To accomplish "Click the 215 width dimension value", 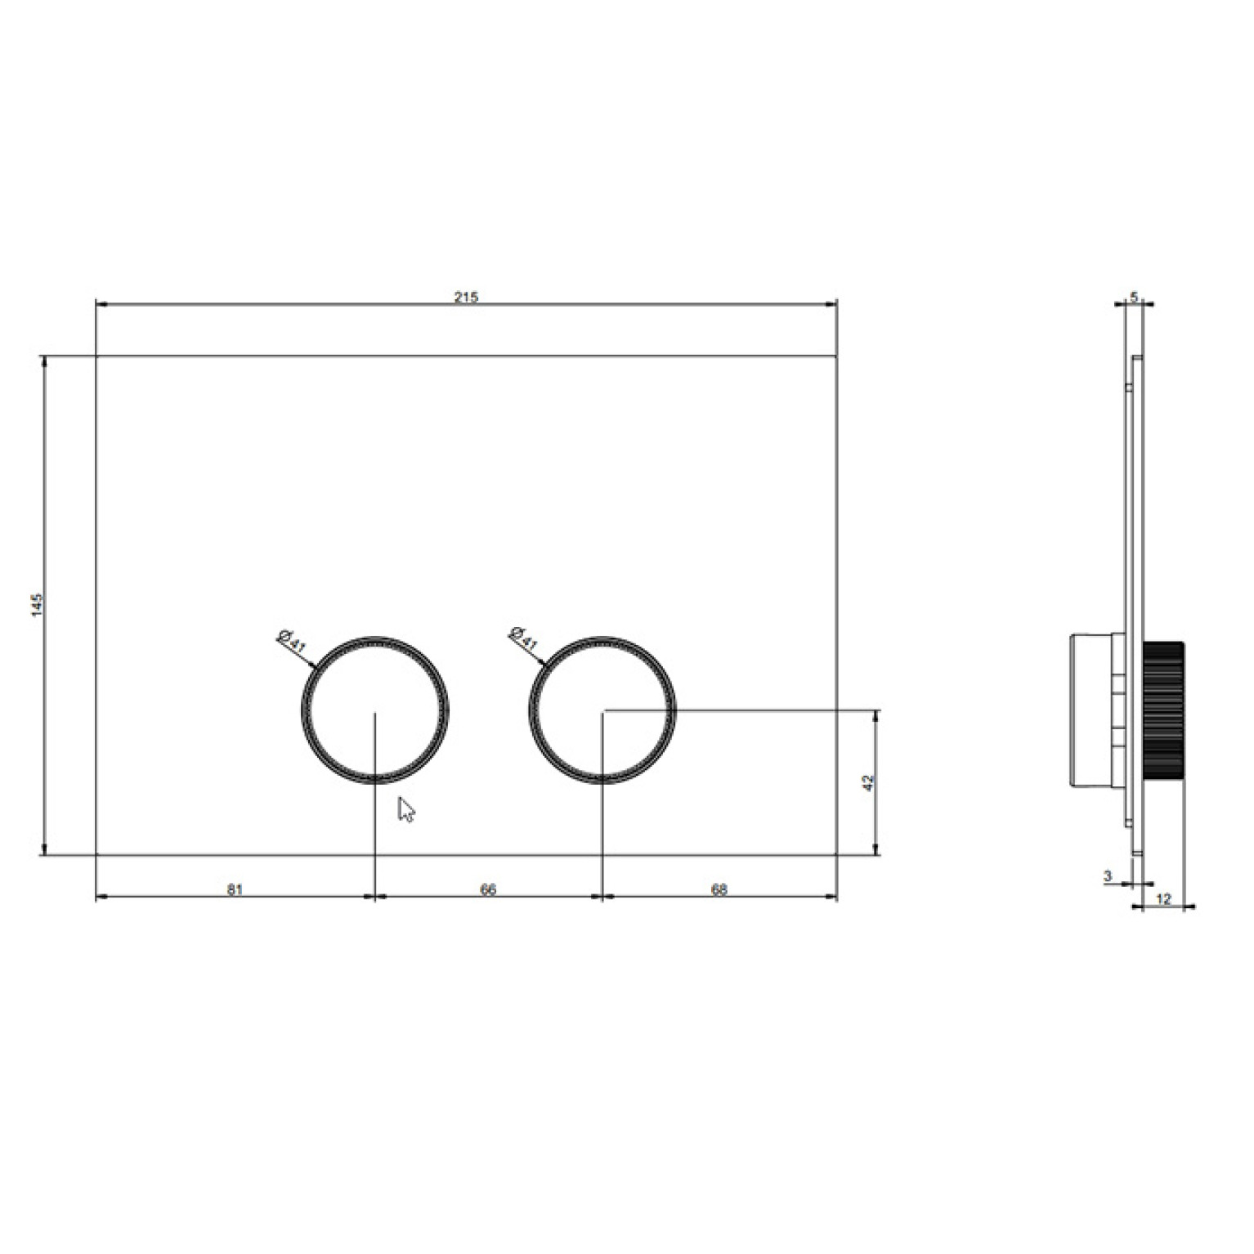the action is tap(467, 297).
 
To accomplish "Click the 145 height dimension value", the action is tap(36, 606).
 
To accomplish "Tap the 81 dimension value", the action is tap(235, 889).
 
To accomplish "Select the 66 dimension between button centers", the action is tap(488, 889).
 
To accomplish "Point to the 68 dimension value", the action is tap(719, 889).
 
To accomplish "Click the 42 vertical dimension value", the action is tap(869, 782).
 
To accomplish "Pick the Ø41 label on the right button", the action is tap(522, 638).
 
